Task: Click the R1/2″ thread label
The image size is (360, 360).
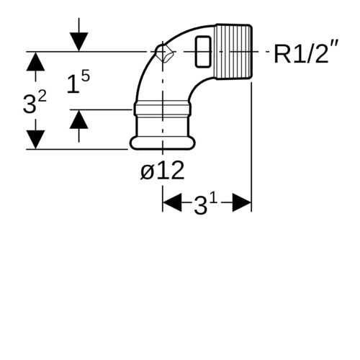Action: [x=306, y=53]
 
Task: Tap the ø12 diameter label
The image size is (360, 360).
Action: [x=163, y=170]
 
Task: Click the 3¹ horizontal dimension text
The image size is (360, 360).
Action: [x=206, y=204]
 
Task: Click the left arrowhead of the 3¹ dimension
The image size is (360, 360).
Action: [x=172, y=203]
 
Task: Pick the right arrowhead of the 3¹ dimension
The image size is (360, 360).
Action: [x=242, y=203]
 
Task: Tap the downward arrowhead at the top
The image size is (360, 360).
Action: [x=79, y=42]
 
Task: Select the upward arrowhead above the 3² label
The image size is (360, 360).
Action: [x=35, y=61]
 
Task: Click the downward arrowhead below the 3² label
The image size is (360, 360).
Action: [x=35, y=140]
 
